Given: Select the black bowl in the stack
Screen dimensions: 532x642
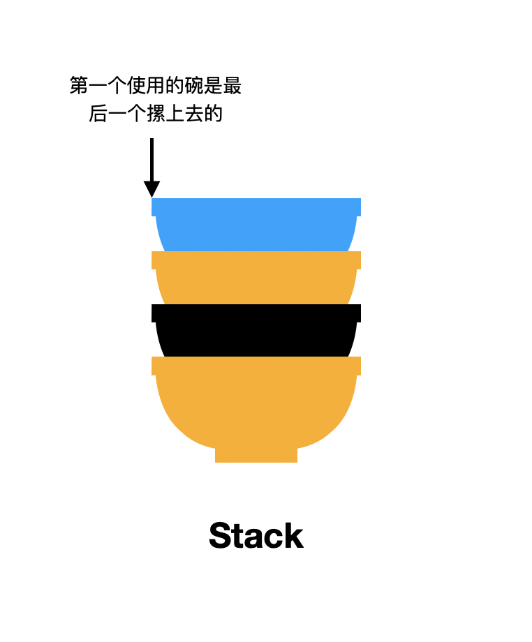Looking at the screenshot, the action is (x=256, y=331).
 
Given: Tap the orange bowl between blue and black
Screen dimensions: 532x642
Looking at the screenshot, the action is (x=256, y=279).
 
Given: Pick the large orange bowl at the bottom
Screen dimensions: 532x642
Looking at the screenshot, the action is (x=256, y=405).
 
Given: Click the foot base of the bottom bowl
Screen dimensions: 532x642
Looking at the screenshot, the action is (x=256, y=455).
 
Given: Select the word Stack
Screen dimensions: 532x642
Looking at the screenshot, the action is (x=256, y=536).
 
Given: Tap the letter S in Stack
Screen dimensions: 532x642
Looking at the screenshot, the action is (x=221, y=536).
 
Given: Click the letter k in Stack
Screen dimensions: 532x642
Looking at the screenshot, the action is (x=295, y=536).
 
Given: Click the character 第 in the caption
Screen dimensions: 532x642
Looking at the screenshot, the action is (x=79, y=86).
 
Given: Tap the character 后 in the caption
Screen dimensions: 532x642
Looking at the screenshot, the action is (x=98, y=114).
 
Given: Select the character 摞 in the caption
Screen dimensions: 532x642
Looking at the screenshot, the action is (x=156, y=114).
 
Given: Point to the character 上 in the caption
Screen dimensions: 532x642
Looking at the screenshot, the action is (x=175, y=114).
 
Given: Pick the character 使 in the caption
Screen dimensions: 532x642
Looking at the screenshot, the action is (x=137, y=86).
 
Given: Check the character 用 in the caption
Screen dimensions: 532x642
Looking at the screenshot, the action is (x=156, y=86).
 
